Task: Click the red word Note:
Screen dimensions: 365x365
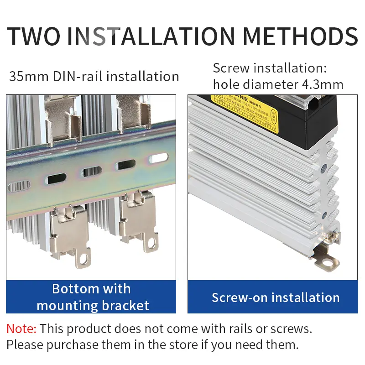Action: click(x=21, y=328)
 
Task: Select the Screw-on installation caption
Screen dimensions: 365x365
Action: click(x=276, y=298)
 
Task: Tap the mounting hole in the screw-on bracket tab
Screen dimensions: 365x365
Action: click(x=327, y=262)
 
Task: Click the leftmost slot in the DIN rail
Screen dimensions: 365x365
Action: click(x=19, y=186)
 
